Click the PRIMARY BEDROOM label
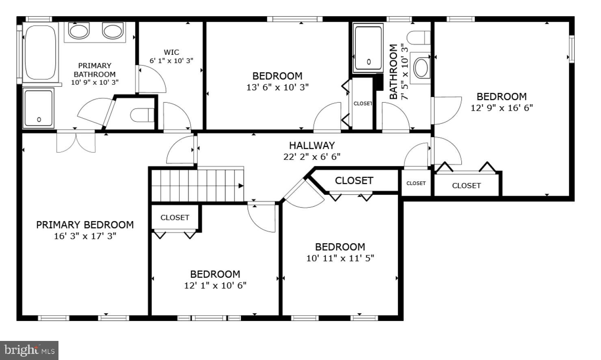click(85, 225)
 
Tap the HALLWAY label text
click(312, 145)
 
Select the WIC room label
click(171, 52)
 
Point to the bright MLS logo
click(29, 350)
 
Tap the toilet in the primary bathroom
click(142, 115)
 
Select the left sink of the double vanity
click(79, 31)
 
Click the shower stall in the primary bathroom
click(39, 108)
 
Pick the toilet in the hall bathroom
click(419, 38)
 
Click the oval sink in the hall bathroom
click(421, 68)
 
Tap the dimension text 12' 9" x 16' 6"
click(502, 108)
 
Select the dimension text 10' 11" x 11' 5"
click(340, 258)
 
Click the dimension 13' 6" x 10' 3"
click(277, 87)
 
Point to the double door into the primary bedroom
click(76, 142)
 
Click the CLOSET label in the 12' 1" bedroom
click(175, 218)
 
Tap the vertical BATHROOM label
click(393, 71)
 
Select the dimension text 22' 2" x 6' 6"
click(312, 157)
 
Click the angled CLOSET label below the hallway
click(354, 181)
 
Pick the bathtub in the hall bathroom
click(368, 48)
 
